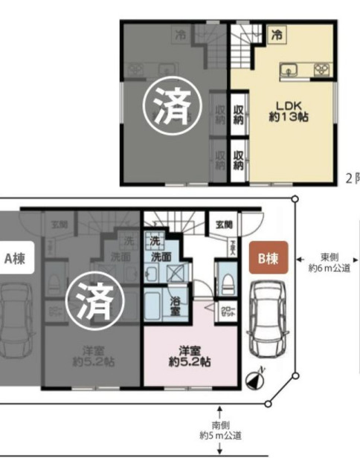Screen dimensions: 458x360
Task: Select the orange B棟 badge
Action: click(x=268, y=259)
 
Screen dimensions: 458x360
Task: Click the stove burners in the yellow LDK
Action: click(x=321, y=71)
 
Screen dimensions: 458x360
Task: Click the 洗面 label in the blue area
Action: click(x=162, y=256)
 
